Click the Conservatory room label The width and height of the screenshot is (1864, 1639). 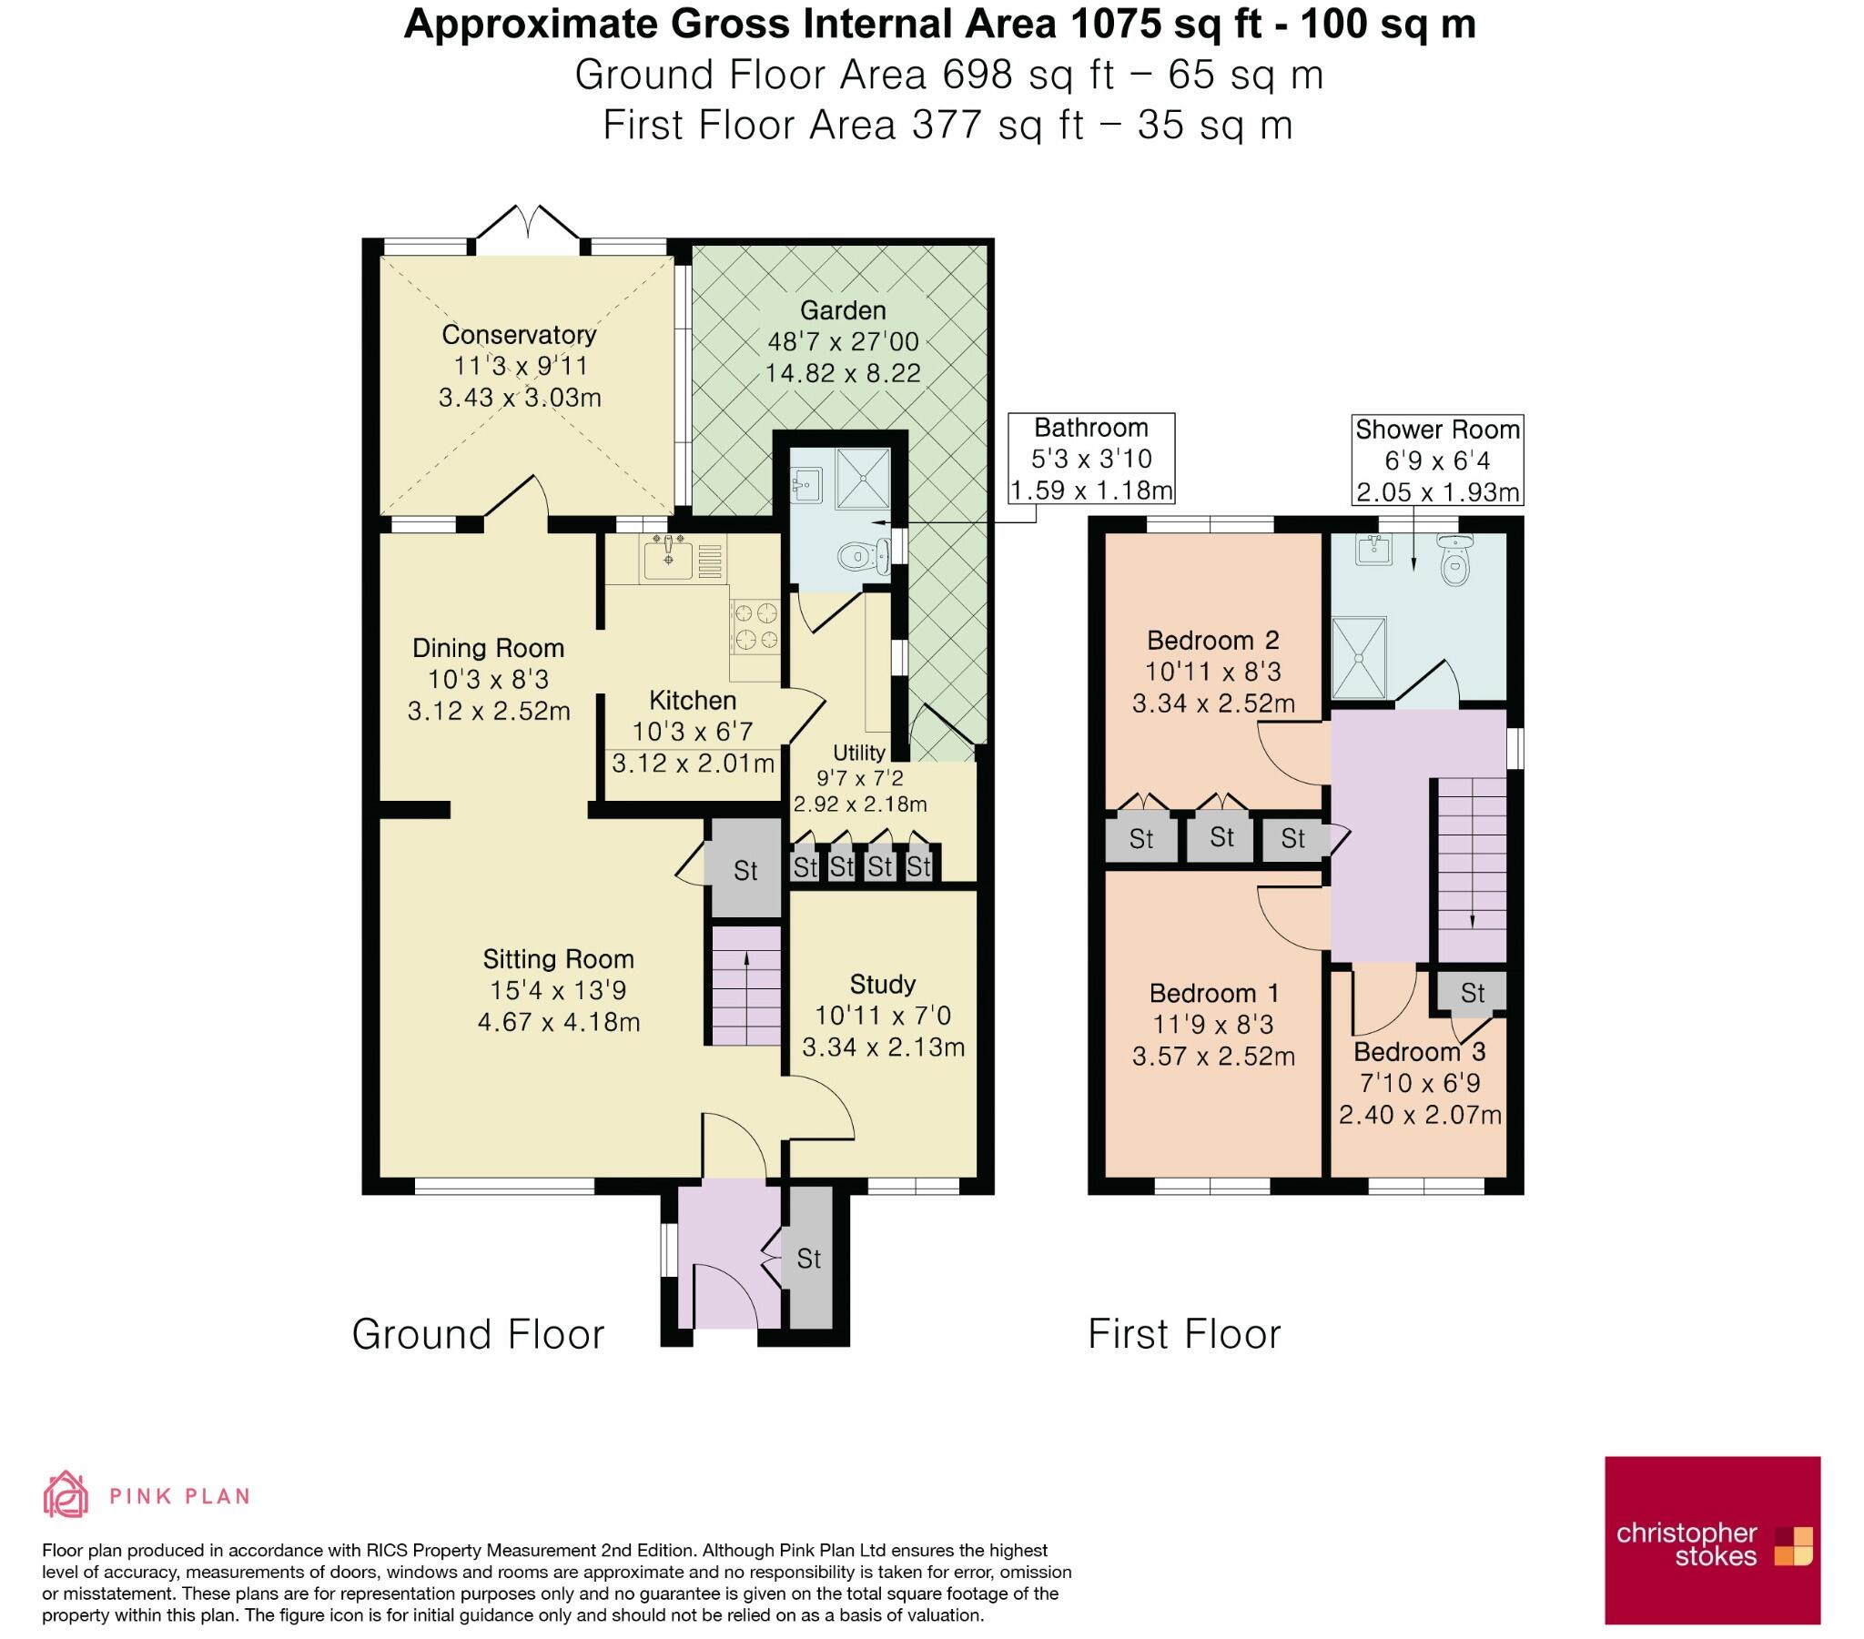(x=519, y=335)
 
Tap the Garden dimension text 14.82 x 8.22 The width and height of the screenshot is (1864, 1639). (x=843, y=373)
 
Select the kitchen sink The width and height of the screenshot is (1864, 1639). (x=668, y=559)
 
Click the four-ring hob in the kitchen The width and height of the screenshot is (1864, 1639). (x=755, y=627)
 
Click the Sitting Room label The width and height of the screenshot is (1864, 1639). (x=558, y=958)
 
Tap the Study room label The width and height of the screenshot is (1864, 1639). (x=882, y=984)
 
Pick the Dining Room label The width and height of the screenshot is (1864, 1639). (x=488, y=649)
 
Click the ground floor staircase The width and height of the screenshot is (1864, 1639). (x=746, y=986)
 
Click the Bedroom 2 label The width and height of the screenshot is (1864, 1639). (x=1213, y=641)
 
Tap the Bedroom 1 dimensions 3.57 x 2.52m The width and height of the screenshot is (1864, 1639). (x=1213, y=1057)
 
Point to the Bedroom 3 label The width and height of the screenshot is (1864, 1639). (x=1419, y=1052)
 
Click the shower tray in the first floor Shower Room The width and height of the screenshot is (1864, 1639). (x=1359, y=657)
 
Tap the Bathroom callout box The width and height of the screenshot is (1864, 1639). (x=1090, y=459)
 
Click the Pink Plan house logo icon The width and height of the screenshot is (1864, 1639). (x=66, y=1494)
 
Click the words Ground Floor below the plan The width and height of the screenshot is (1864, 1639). (x=478, y=1334)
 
